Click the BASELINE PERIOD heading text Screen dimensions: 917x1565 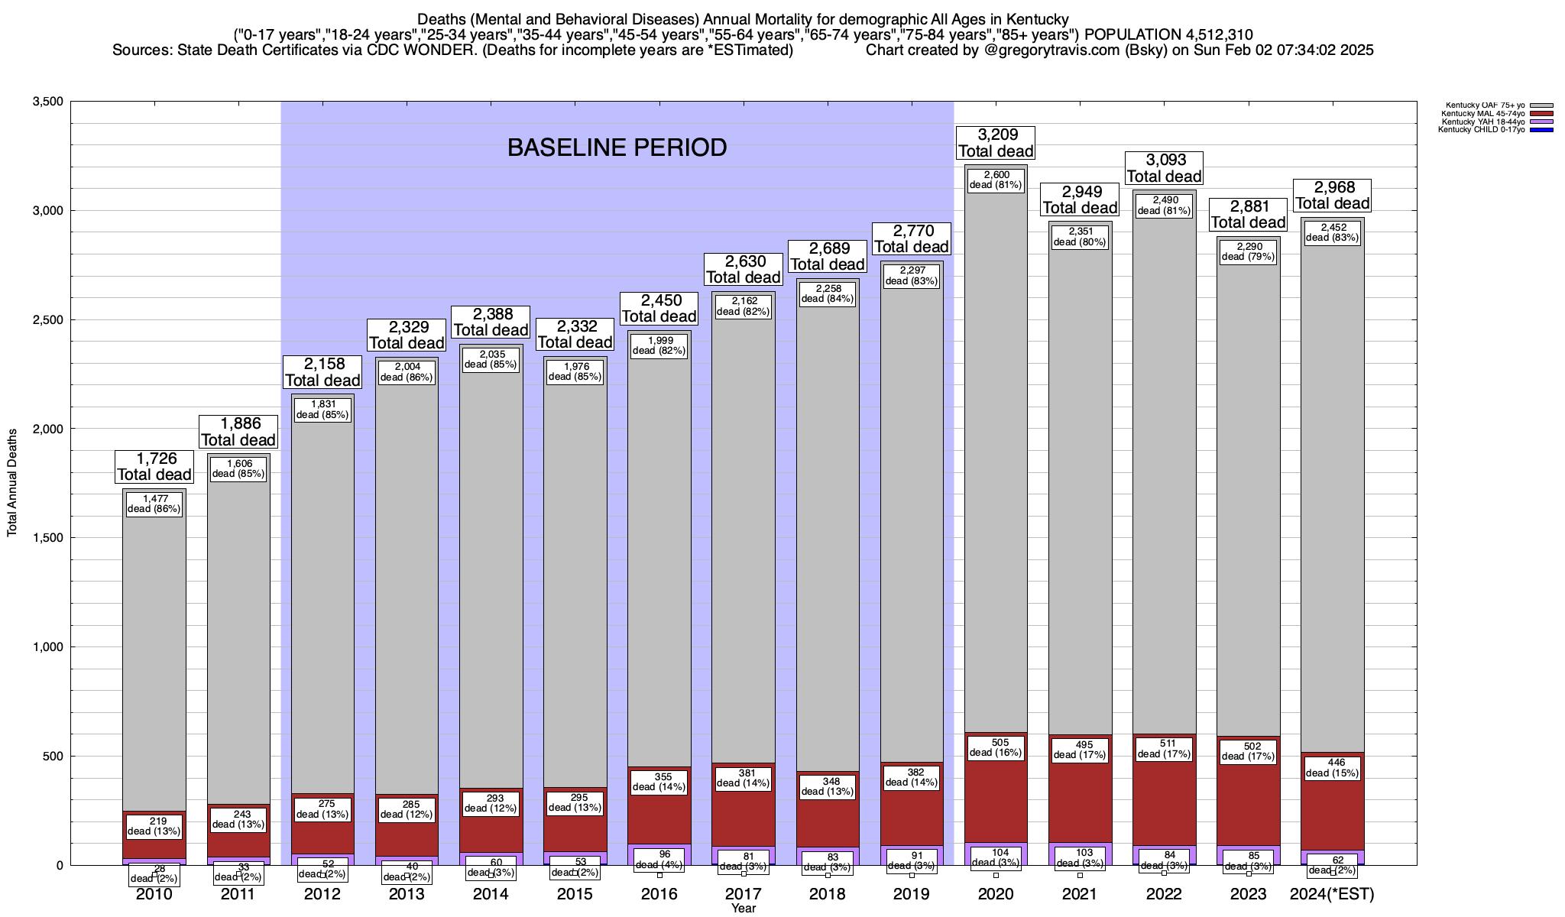point(617,147)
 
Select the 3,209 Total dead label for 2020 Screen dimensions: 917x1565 point(996,143)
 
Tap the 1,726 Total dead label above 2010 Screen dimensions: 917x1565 point(154,466)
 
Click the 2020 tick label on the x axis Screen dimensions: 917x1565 point(996,894)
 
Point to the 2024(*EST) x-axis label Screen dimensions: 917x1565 point(1332,894)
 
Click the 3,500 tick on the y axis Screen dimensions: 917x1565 point(48,102)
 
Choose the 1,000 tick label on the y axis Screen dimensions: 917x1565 point(48,647)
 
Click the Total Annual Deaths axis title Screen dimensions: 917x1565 point(12,482)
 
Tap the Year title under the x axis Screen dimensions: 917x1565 point(743,909)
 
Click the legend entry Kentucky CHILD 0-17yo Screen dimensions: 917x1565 point(1480,130)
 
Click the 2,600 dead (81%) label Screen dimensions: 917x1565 point(996,180)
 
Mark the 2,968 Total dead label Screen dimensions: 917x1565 point(1332,195)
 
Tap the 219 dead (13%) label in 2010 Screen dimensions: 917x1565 point(154,826)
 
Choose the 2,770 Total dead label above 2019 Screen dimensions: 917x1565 point(912,238)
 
